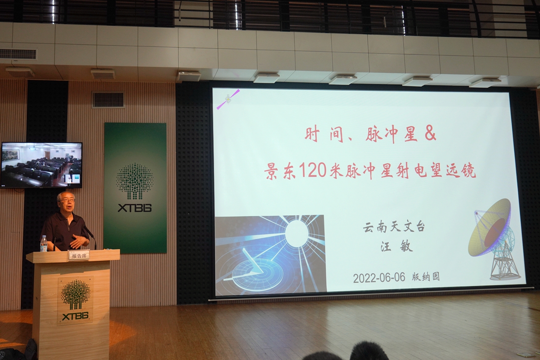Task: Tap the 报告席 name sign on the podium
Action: pyautogui.click(x=79, y=256)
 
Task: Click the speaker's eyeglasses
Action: pyautogui.click(x=67, y=200)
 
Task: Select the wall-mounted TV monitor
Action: pyautogui.click(x=41, y=165)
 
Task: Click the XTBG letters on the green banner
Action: pyautogui.click(x=135, y=208)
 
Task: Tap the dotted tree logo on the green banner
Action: pyautogui.click(x=135, y=181)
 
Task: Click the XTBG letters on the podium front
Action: pyautogui.click(x=75, y=316)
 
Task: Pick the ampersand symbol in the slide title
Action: pyautogui.click(x=431, y=134)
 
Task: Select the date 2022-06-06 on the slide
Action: pyautogui.click(x=379, y=278)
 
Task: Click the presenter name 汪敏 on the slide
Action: pyautogui.click(x=397, y=246)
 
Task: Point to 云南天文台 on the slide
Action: pyautogui.click(x=394, y=227)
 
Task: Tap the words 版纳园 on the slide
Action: pyautogui.click(x=426, y=277)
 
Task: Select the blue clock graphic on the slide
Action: pyautogui.click(x=270, y=255)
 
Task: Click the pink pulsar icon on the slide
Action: pyautogui.click(x=228, y=99)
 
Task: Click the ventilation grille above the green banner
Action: pyautogui.click(x=108, y=99)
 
